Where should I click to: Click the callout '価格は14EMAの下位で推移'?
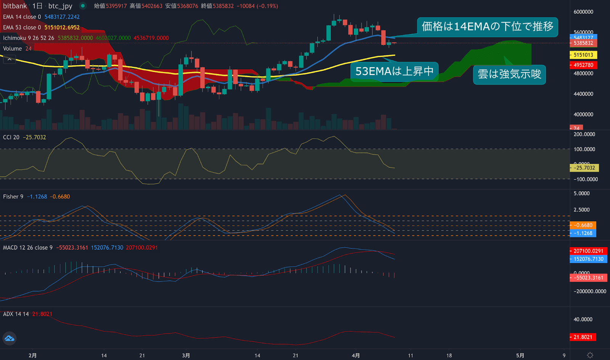pos(487,27)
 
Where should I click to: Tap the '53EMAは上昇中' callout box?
pos(394,72)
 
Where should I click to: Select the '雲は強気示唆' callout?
pos(509,74)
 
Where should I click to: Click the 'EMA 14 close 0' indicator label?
pos(22,17)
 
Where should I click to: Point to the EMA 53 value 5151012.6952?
pos(62,27)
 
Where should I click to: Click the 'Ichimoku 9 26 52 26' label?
pos(29,38)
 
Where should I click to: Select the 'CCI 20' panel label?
pos(11,137)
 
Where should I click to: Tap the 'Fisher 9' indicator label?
pos(13,197)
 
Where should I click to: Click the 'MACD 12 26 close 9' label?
pos(28,248)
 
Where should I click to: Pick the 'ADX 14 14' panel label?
pos(16,314)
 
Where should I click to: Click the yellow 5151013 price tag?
pos(583,55)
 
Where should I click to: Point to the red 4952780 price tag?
pos(583,65)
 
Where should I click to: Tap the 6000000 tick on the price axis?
pos(583,12)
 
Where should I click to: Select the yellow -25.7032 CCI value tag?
pos(584,168)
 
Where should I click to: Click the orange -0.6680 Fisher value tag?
pos(583,225)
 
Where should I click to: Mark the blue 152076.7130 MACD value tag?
pos(588,259)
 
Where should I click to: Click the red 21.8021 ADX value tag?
pos(583,337)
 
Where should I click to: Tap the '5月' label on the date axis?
pos(520,355)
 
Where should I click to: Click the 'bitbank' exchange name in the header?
pos(15,6)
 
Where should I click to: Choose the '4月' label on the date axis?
pos(356,355)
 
